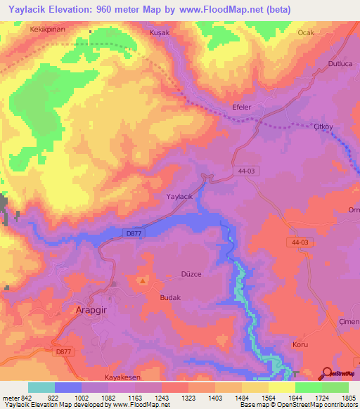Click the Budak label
click(x=171, y=297)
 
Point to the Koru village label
click(x=300, y=345)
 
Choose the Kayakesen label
click(x=115, y=378)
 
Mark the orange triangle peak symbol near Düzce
click(x=144, y=281)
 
